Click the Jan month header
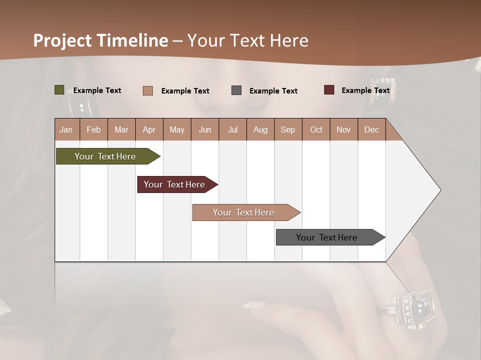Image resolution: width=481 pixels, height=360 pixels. point(66,129)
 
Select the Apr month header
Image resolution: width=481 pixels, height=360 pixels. point(149,129)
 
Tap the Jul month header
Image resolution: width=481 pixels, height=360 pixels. point(232,129)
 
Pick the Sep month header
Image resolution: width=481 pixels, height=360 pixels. point(288,129)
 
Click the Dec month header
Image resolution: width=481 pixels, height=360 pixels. point(371,129)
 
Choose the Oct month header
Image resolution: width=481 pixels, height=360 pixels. point(316,129)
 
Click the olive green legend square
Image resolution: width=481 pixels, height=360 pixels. point(59,90)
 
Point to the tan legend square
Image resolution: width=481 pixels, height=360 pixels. point(147,90)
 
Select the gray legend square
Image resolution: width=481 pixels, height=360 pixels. point(236,90)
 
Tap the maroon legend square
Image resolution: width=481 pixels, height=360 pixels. point(329,90)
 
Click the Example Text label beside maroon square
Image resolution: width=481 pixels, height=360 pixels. point(365,90)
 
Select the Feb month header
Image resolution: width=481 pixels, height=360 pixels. point(93,129)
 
